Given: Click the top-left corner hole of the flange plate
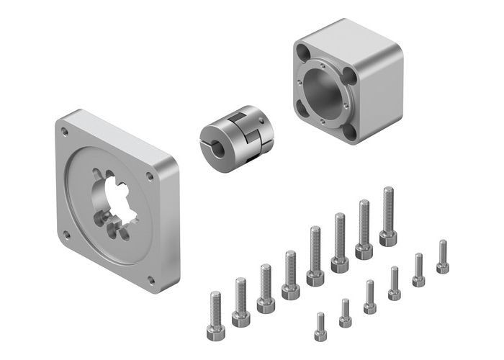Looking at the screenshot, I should pyautogui.click(x=66, y=131).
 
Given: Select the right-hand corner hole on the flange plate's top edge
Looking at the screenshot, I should pyautogui.click(x=150, y=176).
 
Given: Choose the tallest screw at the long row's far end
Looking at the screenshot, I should pyautogui.click(x=388, y=216).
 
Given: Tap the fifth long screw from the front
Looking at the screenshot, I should pyautogui.click(x=315, y=255).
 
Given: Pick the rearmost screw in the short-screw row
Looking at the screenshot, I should pyautogui.click(x=443, y=256).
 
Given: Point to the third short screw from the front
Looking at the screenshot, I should pyautogui.click(x=369, y=297).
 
